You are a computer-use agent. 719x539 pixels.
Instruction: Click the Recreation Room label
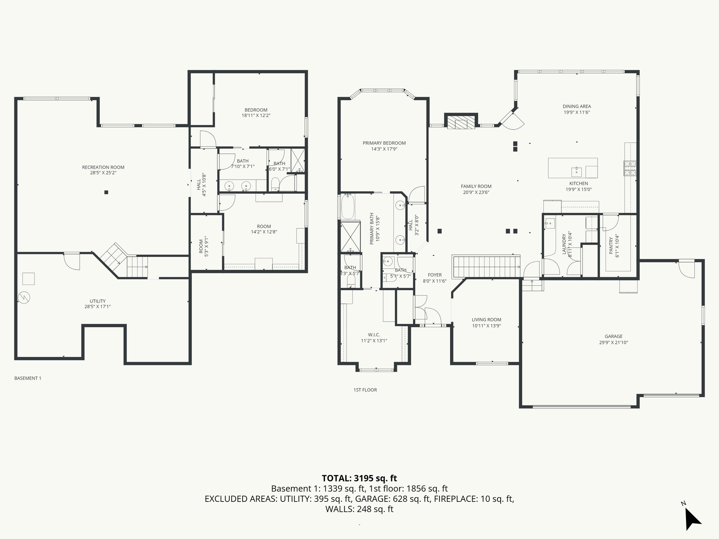pyautogui.click(x=103, y=167)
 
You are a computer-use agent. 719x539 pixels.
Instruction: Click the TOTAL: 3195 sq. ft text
pyautogui.click(x=359, y=478)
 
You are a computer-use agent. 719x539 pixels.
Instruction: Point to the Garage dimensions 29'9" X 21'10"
pyautogui.click(x=613, y=342)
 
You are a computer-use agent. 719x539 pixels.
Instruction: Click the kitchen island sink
pyautogui.click(x=576, y=172)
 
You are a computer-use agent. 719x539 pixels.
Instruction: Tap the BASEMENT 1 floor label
pyautogui.click(x=28, y=378)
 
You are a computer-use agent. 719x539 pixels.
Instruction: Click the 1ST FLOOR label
pyautogui.click(x=365, y=390)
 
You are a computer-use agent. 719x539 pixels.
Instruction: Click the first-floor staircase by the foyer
pyautogui.click(x=486, y=267)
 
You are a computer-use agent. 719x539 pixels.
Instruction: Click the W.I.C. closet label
pyautogui.click(x=374, y=335)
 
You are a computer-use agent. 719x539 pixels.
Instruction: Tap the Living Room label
pyautogui.click(x=486, y=320)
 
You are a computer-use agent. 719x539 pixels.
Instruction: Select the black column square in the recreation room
pyautogui.click(x=106, y=192)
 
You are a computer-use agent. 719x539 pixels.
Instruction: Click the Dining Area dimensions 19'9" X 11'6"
pyautogui.click(x=576, y=112)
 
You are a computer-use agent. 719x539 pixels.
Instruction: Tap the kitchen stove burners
pyautogui.click(x=630, y=168)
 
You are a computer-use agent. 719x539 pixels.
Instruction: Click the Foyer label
pyautogui.click(x=435, y=275)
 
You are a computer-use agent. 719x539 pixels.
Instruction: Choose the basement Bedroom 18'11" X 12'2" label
pyautogui.click(x=256, y=110)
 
